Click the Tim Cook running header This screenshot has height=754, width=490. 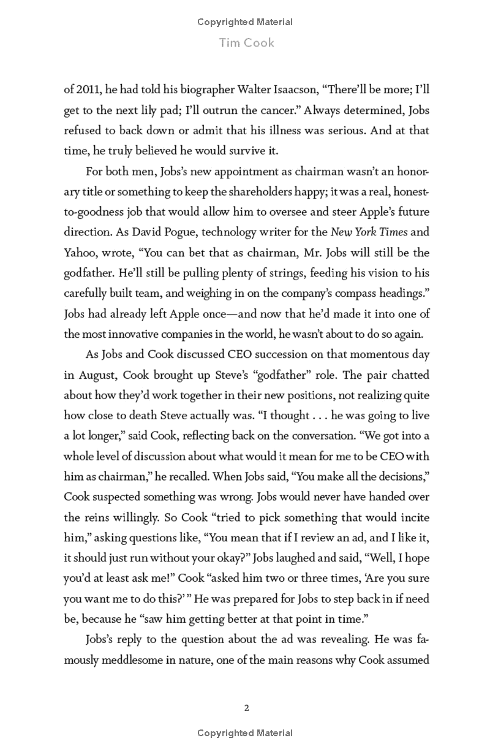[x=244, y=43]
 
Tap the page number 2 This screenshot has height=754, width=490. [x=246, y=708]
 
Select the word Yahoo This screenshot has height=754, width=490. [x=79, y=253]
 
